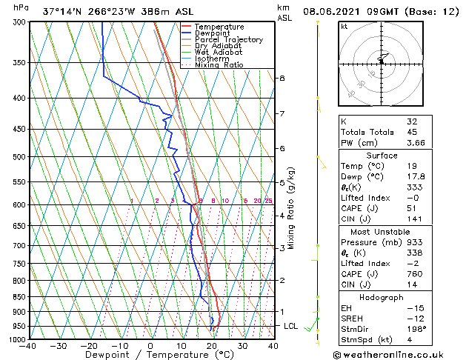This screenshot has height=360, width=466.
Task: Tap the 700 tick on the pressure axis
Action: tap(18, 245)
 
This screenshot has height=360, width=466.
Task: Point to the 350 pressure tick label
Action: tap(18, 63)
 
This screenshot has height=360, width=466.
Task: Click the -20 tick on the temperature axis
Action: tap(89, 346)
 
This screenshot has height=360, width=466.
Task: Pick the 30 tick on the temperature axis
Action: tap(242, 346)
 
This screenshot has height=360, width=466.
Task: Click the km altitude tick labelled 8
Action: tap(282, 78)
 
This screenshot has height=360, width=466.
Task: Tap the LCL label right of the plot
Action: tap(292, 326)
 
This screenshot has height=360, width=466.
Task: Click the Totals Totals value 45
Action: tap(413, 132)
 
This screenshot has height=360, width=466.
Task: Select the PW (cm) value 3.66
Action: tap(416, 143)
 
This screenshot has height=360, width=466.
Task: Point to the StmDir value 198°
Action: tap(416, 329)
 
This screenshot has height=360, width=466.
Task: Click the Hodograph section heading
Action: tap(381, 297)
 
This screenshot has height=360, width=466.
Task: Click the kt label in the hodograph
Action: tap(344, 27)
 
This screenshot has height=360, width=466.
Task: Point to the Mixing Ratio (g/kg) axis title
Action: tap(292, 207)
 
